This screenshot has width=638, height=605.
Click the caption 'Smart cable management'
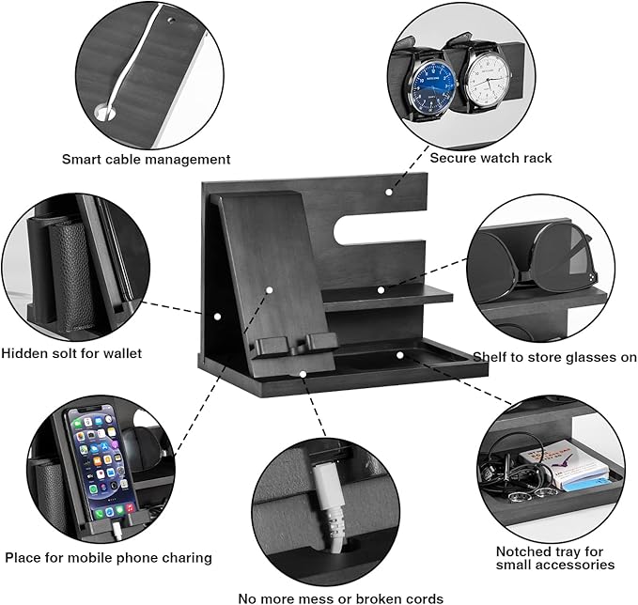[146, 160]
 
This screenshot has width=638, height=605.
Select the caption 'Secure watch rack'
[490, 158]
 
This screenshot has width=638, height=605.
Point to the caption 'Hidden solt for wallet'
[71, 353]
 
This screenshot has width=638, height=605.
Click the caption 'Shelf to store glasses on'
[554, 357]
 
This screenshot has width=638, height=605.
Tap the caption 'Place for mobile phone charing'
[107, 557]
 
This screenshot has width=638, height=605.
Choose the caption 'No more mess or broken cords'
[340, 597]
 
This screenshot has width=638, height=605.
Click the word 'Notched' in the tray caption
[522, 551]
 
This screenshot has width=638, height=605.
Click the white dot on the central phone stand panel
[268, 291]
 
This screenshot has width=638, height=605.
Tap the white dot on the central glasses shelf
[381, 289]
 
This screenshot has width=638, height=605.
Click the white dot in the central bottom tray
[398, 355]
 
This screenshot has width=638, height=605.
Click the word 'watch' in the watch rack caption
[500, 158]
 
